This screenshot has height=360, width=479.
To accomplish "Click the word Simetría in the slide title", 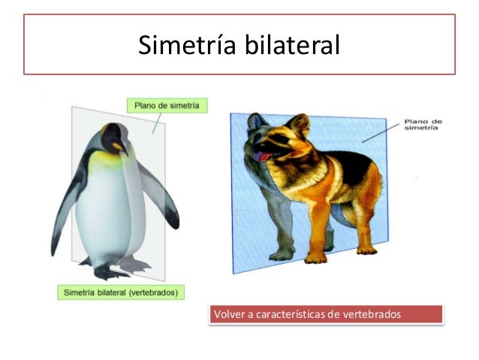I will (x=186, y=46).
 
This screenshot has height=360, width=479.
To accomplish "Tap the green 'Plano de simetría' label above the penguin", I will (x=167, y=106).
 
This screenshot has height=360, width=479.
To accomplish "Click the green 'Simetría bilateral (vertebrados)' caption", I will (x=121, y=292).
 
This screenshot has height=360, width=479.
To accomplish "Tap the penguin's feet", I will (x=113, y=269).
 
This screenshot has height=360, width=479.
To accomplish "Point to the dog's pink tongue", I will (x=258, y=157).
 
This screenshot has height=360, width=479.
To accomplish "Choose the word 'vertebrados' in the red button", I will (x=371, y=313).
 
